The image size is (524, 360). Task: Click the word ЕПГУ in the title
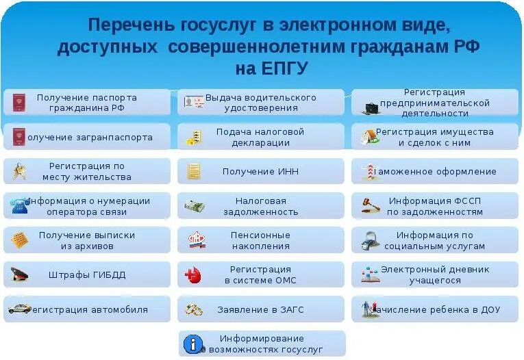(282, 68)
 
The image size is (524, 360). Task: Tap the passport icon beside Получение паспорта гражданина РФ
(18, 103)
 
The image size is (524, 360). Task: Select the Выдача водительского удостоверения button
(261, 103)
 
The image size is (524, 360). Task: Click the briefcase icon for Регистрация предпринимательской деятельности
(371, 107)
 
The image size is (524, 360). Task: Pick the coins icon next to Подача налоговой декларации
(194, 138)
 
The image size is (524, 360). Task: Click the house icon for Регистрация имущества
(370, 137)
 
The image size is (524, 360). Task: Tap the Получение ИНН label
(260, 172)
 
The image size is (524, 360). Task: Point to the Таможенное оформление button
(438, 172)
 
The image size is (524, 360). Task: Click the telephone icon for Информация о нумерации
(18, 206)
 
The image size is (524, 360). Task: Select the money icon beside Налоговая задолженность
(194, 206)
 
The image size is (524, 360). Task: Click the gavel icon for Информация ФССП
(371, 205)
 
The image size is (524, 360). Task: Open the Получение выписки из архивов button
(87, 240)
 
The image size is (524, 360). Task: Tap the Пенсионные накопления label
(260, 240)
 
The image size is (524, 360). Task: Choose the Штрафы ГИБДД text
(87, 275)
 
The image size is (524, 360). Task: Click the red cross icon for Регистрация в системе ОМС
(194, 275)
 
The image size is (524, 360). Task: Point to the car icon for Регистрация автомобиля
(18, 309)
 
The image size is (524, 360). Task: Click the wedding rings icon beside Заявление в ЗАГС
(194, 309)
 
